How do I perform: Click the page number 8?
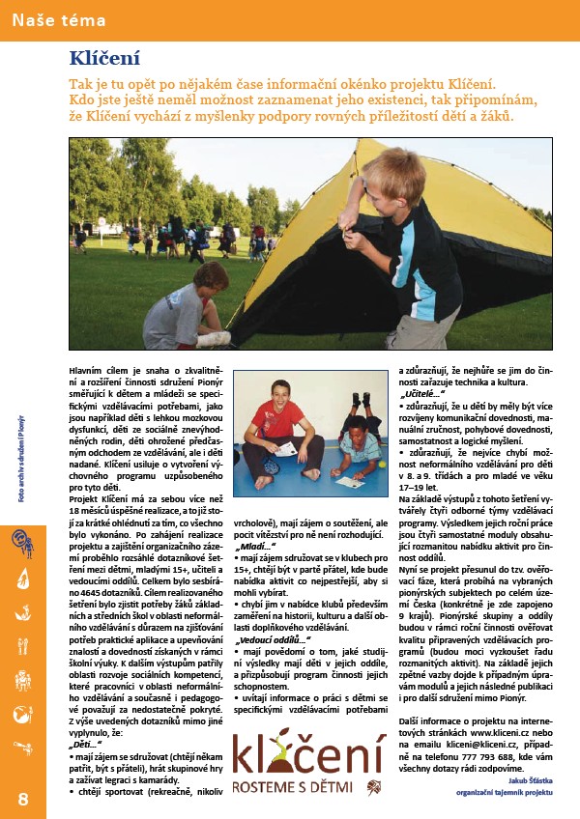23,798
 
